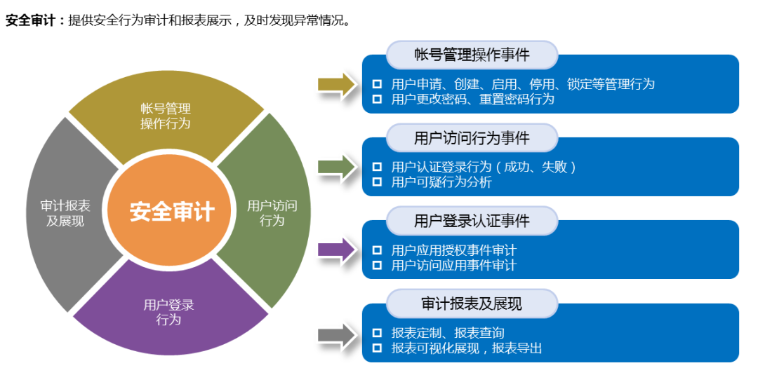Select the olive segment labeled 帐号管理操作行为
point(166,116)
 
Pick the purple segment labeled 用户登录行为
point(168,312)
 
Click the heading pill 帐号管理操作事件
point(472,55)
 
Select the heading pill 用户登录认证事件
point(472,221)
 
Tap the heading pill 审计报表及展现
point(472,304)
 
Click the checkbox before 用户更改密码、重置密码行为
point(378,99)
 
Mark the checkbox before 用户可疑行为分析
point(378,182)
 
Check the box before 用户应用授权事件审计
point(378,250)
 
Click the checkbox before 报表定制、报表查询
point(378,333)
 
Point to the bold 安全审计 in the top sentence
point(30,20)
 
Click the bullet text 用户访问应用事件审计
point(453,265)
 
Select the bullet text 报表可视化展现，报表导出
point(466,348)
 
